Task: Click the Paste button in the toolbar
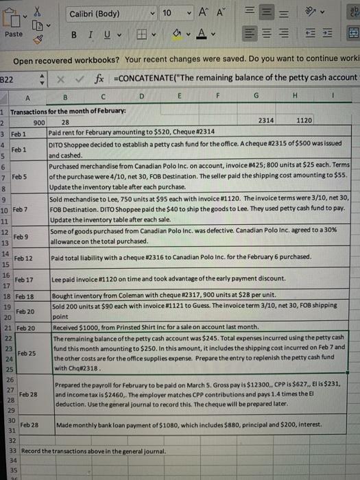(14, 33)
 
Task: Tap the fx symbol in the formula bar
(101, 79)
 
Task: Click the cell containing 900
(40, 121)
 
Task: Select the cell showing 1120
(305, 120)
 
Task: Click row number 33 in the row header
(5, 451)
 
